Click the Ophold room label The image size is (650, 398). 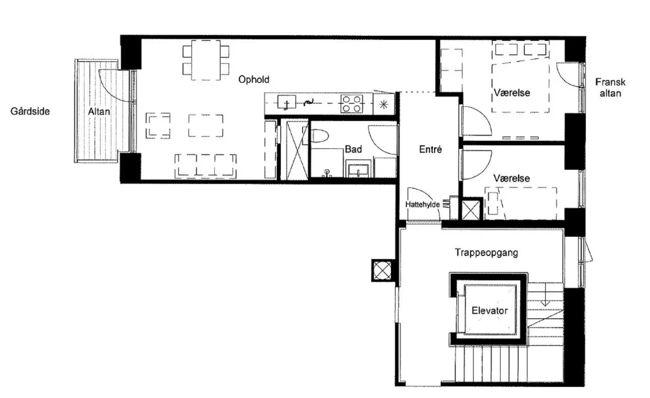pyautogui.click(x=254, y=80)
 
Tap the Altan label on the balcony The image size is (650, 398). pyautogui.click(x=99, y=112)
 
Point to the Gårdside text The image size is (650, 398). pyautogui.click(x=30, y=111)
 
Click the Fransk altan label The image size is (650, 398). pyautogui.click(x=610, y=87)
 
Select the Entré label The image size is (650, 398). pyautogui.click(x=430, y=149)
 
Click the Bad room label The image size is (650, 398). pyautogui.click(x=353, y=149)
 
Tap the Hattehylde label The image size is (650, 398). pyautogui.click(x=422, y=205)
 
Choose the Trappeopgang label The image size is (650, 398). pyautogui.click(x=486, y=253)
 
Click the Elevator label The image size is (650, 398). pyautogui.click(x=490, y=310)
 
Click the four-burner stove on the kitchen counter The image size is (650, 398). pyautogui.click(x=352, y=103)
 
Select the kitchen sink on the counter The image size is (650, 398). pyautogui.click(x=287, y=102)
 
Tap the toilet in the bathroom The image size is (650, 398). pyautogui.click(x=320, y=136)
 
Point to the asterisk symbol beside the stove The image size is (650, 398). pyautogui.click(x=384, y=104)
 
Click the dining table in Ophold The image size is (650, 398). pyautogui.click(x=206, y=60)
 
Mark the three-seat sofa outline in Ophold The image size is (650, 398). pyautogui.click(x=205, y=166)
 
